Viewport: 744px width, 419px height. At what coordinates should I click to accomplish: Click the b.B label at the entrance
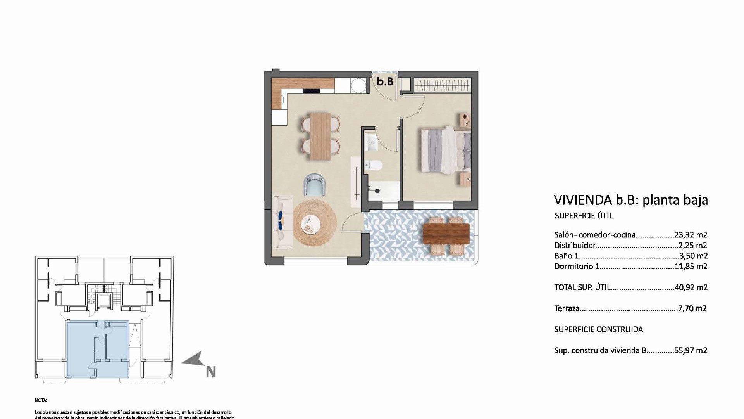(385, 81)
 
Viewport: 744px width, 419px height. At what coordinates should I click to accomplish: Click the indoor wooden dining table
(320, 136)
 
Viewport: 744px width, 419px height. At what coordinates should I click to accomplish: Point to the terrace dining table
(446, 234)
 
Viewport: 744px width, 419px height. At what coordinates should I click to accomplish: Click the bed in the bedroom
(446, 150)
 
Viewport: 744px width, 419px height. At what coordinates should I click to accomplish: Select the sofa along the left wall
(282, 222)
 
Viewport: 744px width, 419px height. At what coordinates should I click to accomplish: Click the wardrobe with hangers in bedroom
(442, 85)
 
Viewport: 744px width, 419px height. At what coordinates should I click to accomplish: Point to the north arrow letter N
(210, 372)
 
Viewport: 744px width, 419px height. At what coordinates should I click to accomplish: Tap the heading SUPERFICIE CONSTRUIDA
(598, 329)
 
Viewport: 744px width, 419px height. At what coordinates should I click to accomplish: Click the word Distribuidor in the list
(575, 246)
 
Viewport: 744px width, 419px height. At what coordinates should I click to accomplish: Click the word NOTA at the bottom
(41, 400)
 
